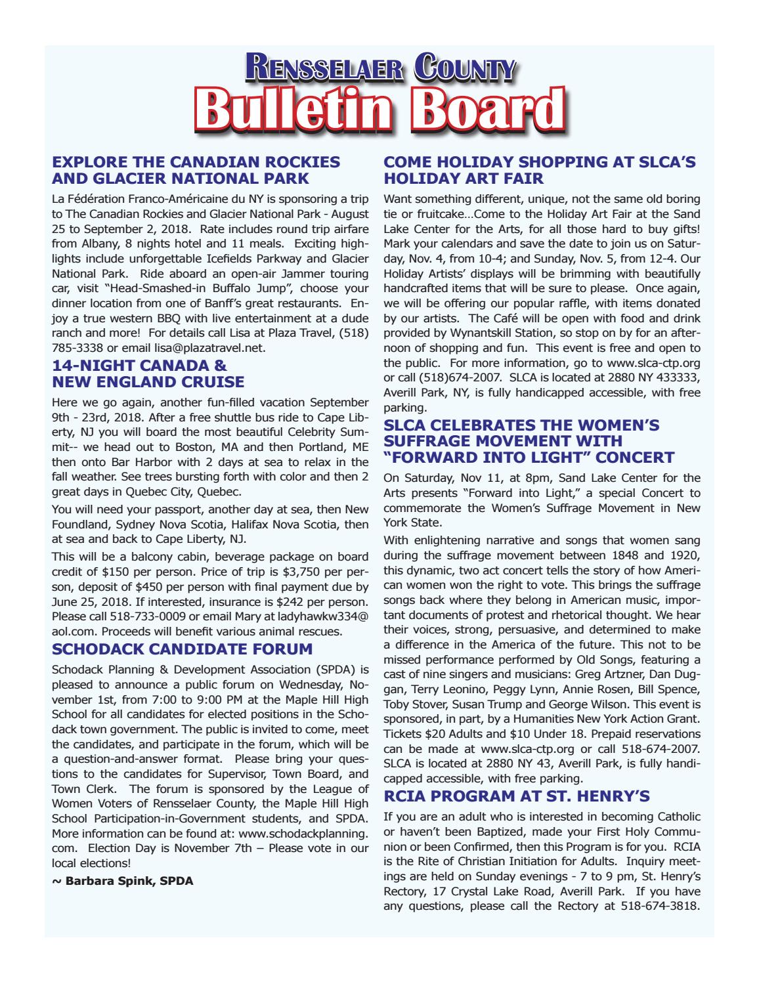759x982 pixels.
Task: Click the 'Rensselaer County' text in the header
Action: (x=379, y=68)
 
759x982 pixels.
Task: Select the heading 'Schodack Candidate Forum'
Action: (x=183, y=649)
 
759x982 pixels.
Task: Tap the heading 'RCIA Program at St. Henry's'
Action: (x=517, y=796)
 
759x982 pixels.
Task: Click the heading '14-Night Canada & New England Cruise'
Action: (x=148, y=374)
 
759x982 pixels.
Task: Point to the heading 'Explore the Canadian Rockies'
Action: (x=196, y=161)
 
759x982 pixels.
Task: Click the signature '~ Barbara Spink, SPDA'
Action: (x=122, y=880)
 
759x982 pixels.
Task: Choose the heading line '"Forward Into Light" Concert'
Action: (x=529, y=457)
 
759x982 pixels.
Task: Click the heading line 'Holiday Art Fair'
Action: (x=464, y=178)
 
